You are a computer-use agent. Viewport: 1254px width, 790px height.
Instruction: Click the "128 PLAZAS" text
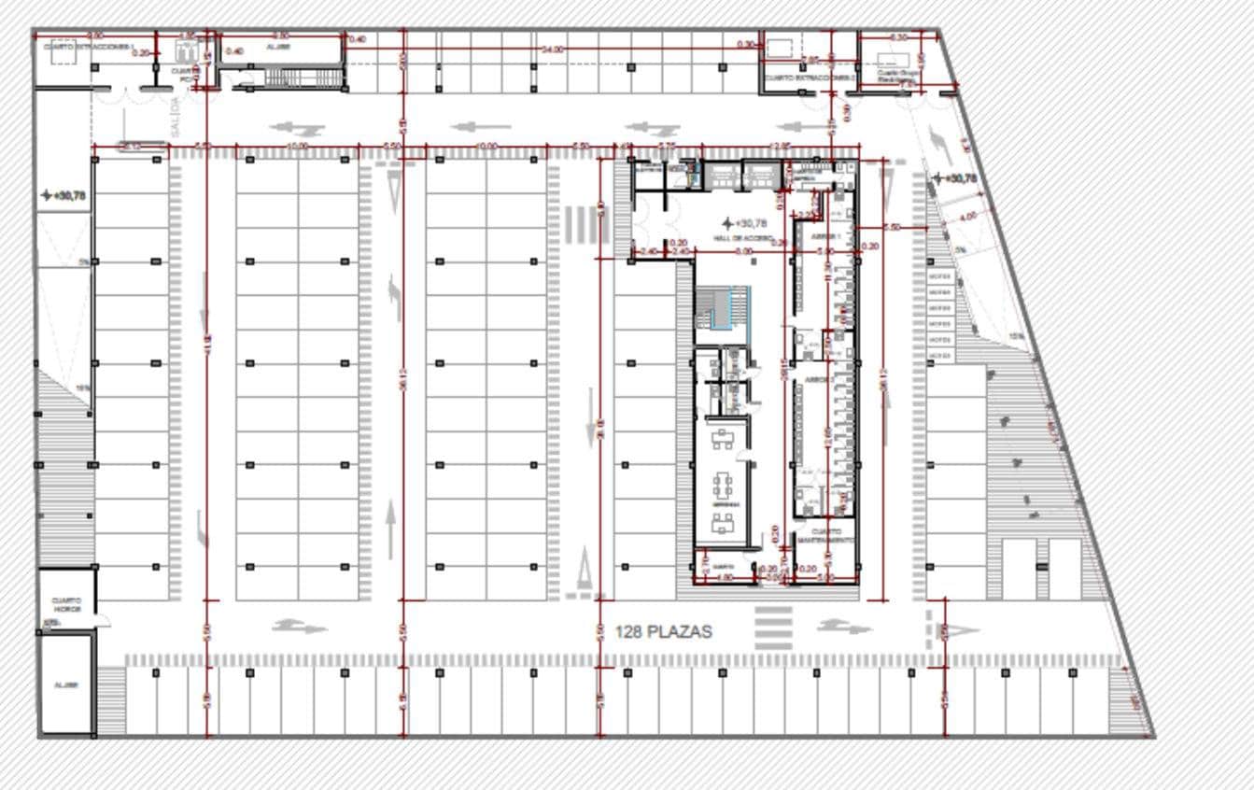tap(663, 632)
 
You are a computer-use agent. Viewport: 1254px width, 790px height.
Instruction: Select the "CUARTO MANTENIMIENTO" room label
tap(824, 536)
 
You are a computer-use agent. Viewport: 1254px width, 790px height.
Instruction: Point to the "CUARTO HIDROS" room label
tap(66, 605)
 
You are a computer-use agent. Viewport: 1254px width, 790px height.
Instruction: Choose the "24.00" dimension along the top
tap(553, 49)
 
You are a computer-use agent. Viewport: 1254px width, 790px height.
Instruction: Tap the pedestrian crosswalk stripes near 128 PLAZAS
tap(773, 628)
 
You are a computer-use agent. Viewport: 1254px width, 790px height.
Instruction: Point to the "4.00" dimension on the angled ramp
tap(968, 216)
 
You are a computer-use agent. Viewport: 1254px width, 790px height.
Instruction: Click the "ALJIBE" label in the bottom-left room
tap(66, 684)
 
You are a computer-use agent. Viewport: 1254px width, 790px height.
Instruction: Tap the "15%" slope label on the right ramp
tap(1016, 336)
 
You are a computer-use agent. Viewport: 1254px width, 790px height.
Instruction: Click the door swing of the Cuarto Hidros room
tap(103, 620)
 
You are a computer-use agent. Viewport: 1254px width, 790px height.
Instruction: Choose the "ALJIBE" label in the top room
tap(278, 46)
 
